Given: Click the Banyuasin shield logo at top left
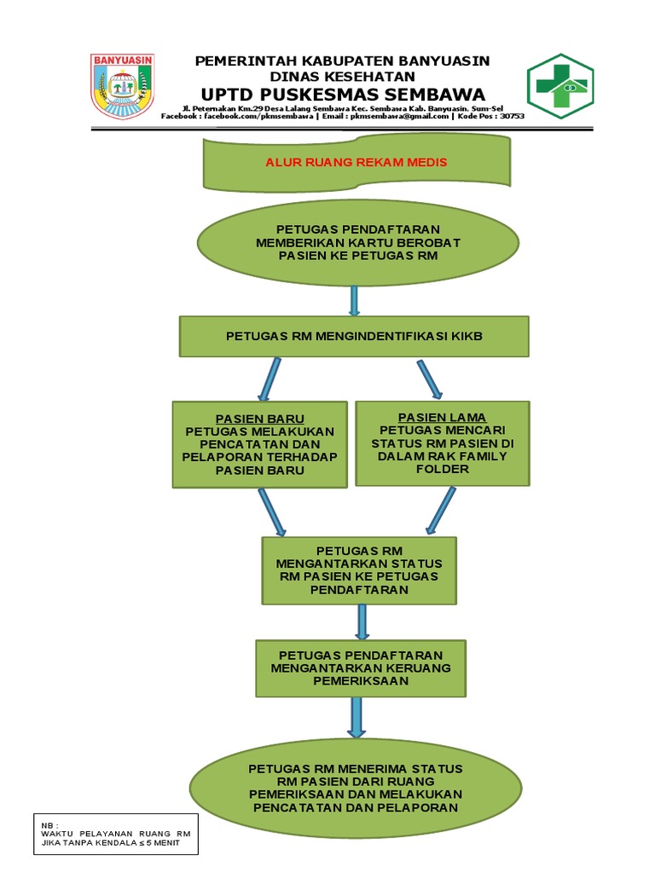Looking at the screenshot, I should [x=122, y=85].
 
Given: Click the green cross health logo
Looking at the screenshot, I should [x=559, y=86].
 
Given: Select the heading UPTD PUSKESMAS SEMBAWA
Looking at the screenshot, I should [x=343, y=94].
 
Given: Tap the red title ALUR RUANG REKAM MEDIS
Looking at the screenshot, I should [x=356, y=162].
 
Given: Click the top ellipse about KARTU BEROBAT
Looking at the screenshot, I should [x=357, y=242].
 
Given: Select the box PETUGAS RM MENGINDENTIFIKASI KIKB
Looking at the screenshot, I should [x=354, y=336].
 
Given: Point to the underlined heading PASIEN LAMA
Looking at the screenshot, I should [x=442, y=417].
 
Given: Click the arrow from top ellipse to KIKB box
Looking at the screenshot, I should [x=354, y=300].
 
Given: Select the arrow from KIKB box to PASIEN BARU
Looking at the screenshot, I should [x=270, y=379].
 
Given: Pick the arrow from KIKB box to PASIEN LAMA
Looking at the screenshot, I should [x=429, y=379].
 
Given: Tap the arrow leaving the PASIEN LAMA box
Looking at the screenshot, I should [x=440, y=511].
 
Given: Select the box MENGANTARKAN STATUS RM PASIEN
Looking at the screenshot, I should [x=359, y=569].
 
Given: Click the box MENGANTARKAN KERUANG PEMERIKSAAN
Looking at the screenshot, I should [x=361, y=668].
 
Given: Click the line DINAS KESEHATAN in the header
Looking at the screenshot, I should [x=343, y=76].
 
